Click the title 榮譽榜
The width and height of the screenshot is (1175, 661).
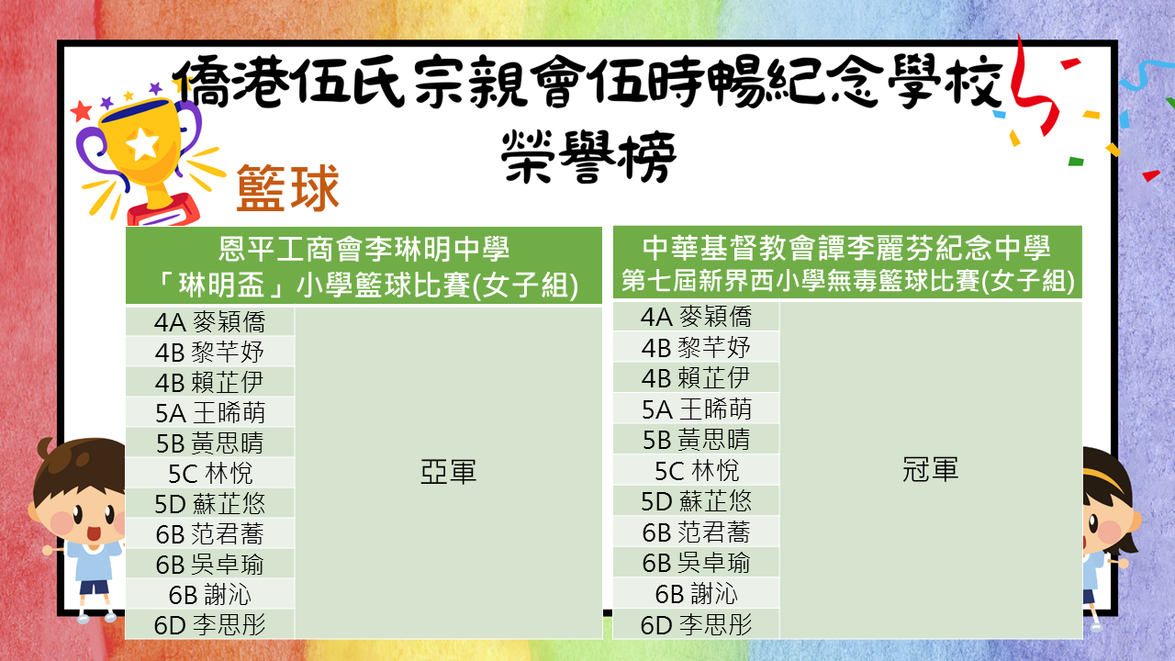(588, 157)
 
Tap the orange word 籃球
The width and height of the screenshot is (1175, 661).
(288, 188)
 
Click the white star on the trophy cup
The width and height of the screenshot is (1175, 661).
(142, 143)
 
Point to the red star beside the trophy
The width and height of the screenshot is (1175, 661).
(82, 111)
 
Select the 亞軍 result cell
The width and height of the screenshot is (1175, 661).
(449, 472)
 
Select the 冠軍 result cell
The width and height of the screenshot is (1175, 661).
(931, 469)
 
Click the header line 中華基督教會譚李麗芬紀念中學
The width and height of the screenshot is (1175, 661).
(846, 247)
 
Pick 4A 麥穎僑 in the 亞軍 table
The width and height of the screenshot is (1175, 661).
(210, 321)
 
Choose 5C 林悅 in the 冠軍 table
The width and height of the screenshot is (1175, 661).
(697, 471)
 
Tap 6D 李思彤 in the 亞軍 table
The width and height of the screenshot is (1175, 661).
(210, 625)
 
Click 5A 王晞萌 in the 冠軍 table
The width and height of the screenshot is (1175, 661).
(697, 409)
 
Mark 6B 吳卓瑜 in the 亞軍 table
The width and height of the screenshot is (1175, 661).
(210, 565)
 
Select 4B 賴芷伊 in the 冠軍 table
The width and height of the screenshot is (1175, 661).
(697, 378)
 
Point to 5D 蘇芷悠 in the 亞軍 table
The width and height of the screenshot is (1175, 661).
(210, 504)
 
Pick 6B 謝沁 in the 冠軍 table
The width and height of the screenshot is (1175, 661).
(697, 594)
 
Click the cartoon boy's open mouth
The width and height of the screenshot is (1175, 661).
(94, 533)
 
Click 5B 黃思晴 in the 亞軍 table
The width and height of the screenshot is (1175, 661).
(210, 443)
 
